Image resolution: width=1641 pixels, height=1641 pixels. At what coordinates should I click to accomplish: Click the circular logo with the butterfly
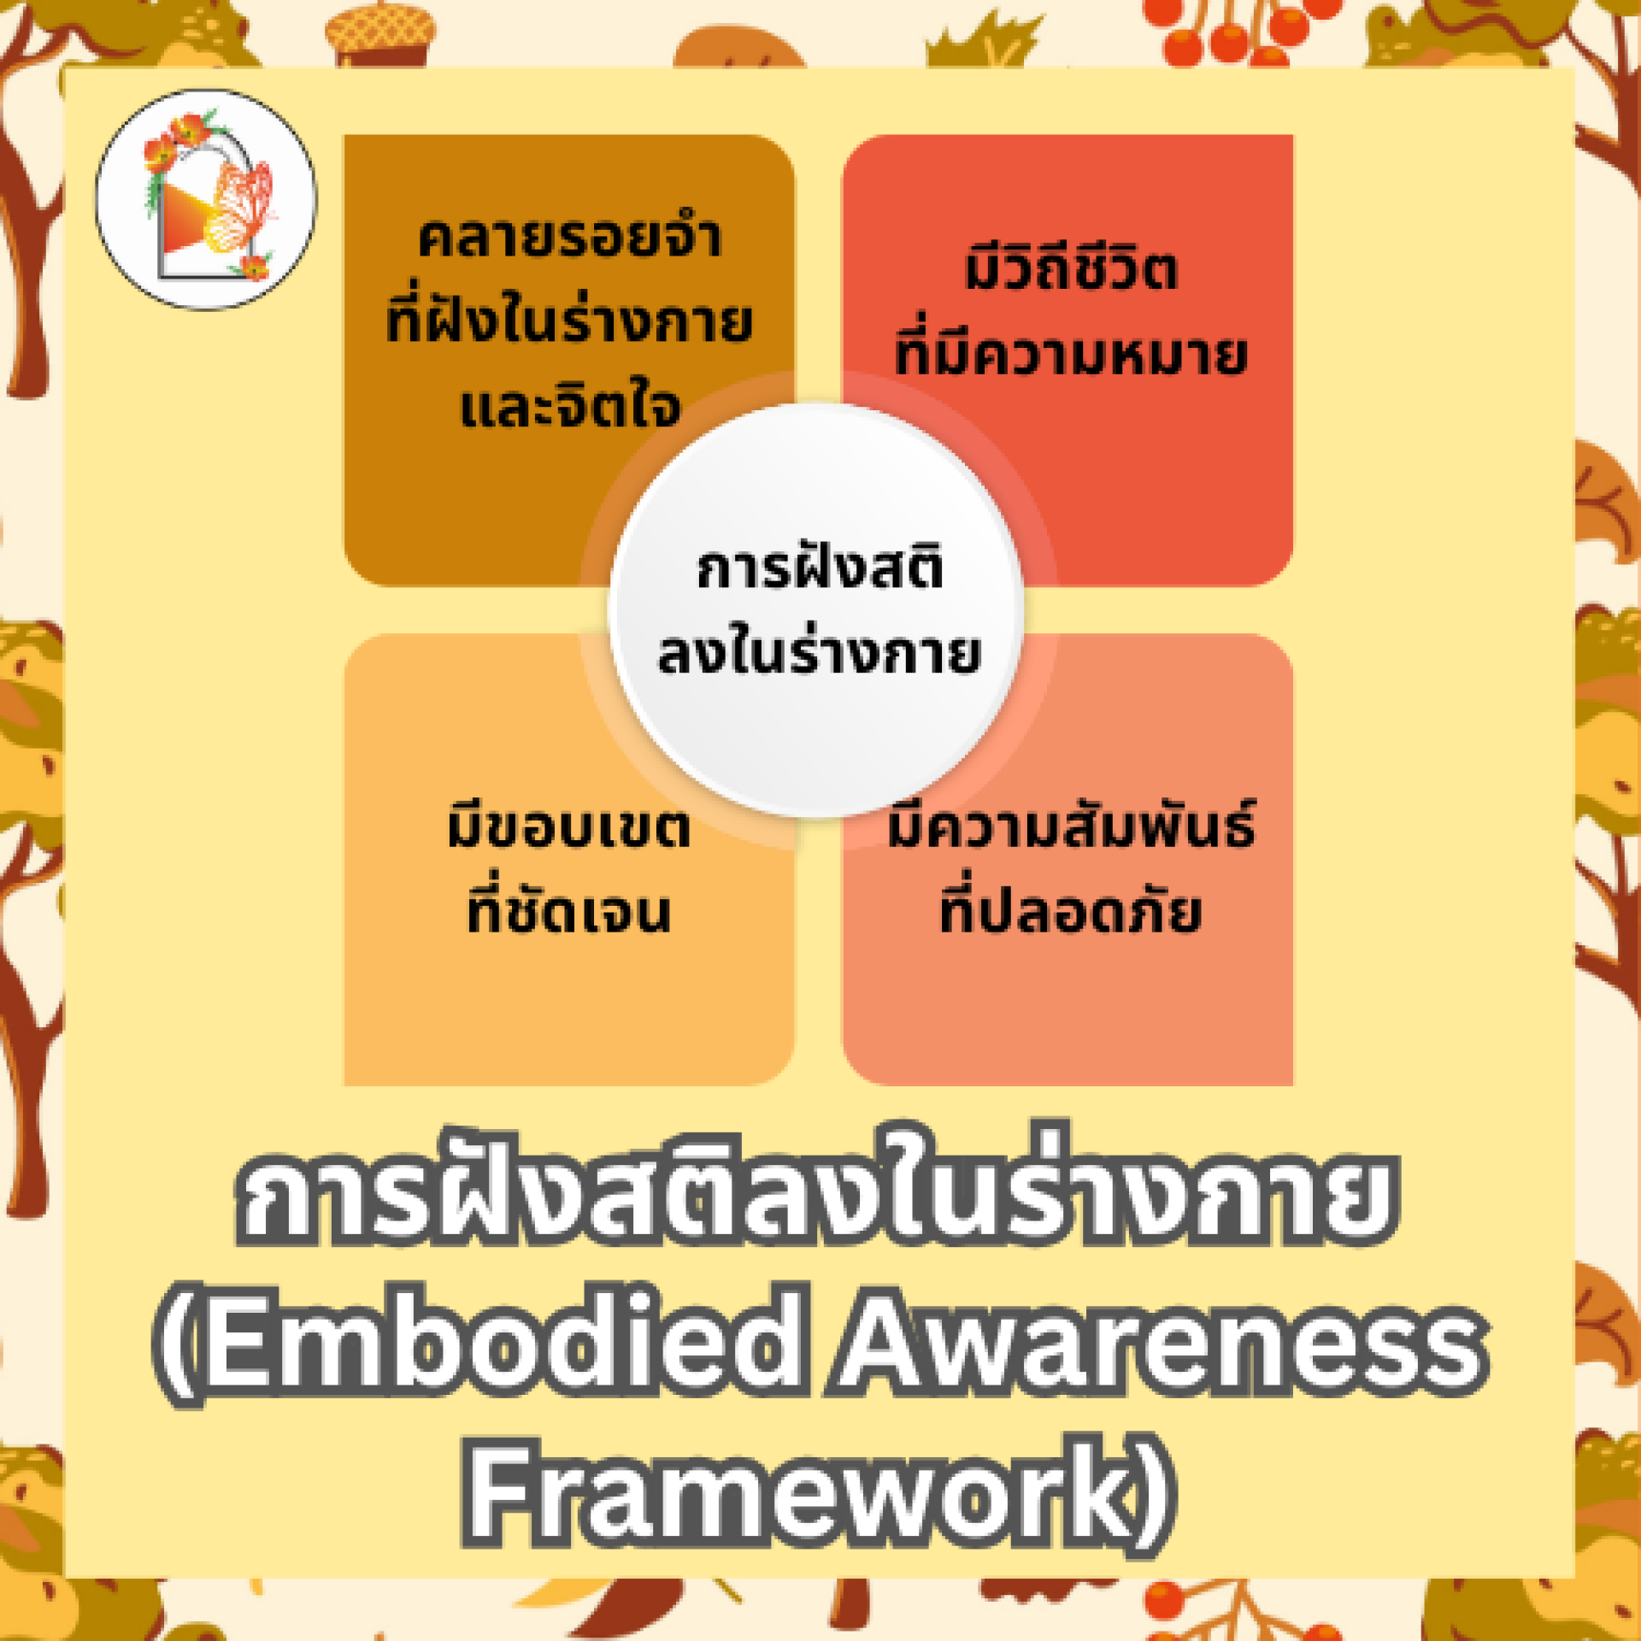[x=205, y=199]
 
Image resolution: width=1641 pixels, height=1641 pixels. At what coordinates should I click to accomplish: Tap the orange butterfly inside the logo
[x=241, y=208]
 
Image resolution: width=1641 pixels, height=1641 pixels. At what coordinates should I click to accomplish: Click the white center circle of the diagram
[x=816, y=609]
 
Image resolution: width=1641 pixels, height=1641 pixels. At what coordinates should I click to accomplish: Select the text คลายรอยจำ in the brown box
[x=569, y=238]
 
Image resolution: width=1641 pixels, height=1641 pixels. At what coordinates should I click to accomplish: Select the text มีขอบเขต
[x=568, y=825]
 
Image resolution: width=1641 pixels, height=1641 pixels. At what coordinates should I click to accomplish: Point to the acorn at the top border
[x=380, y=34]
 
